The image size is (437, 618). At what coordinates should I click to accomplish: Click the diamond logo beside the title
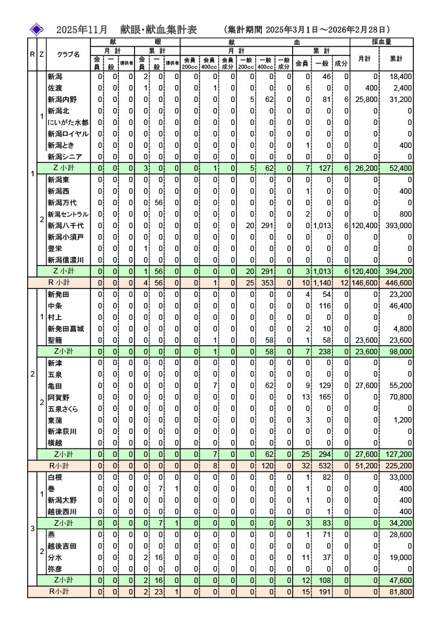(x=37, y=29)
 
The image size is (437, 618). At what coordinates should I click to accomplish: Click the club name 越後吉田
(x=61, y=546)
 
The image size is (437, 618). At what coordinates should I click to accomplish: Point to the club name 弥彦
(x=54, y=569)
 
